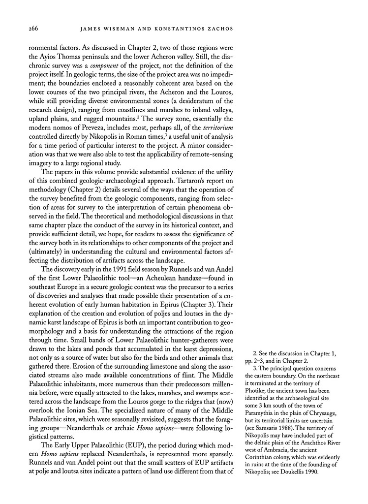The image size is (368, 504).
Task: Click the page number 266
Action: click(x=30, y=29)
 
